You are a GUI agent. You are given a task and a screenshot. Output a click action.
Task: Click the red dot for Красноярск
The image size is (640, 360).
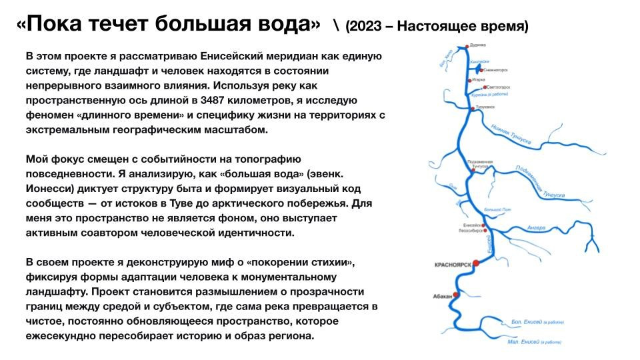tap(475, 263)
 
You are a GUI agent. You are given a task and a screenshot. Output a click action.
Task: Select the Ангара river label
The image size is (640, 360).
tap(536, 228)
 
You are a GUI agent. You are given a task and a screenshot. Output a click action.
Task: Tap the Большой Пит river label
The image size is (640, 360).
tap(497, 210)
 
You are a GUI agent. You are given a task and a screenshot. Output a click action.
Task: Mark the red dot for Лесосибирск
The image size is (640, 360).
tap(485, 231)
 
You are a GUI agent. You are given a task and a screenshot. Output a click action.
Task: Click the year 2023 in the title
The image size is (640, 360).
tap(365, 26)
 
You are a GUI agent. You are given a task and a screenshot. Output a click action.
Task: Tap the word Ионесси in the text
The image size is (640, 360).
tap(47, 187)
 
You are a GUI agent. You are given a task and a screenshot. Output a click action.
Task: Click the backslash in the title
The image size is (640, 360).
tap(336, 25)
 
